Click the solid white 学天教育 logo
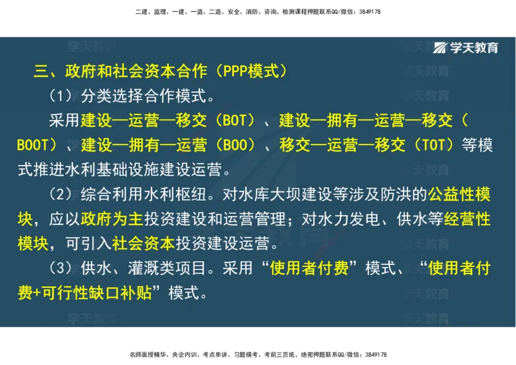tap(466, 48)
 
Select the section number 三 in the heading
tap(41, 71)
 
